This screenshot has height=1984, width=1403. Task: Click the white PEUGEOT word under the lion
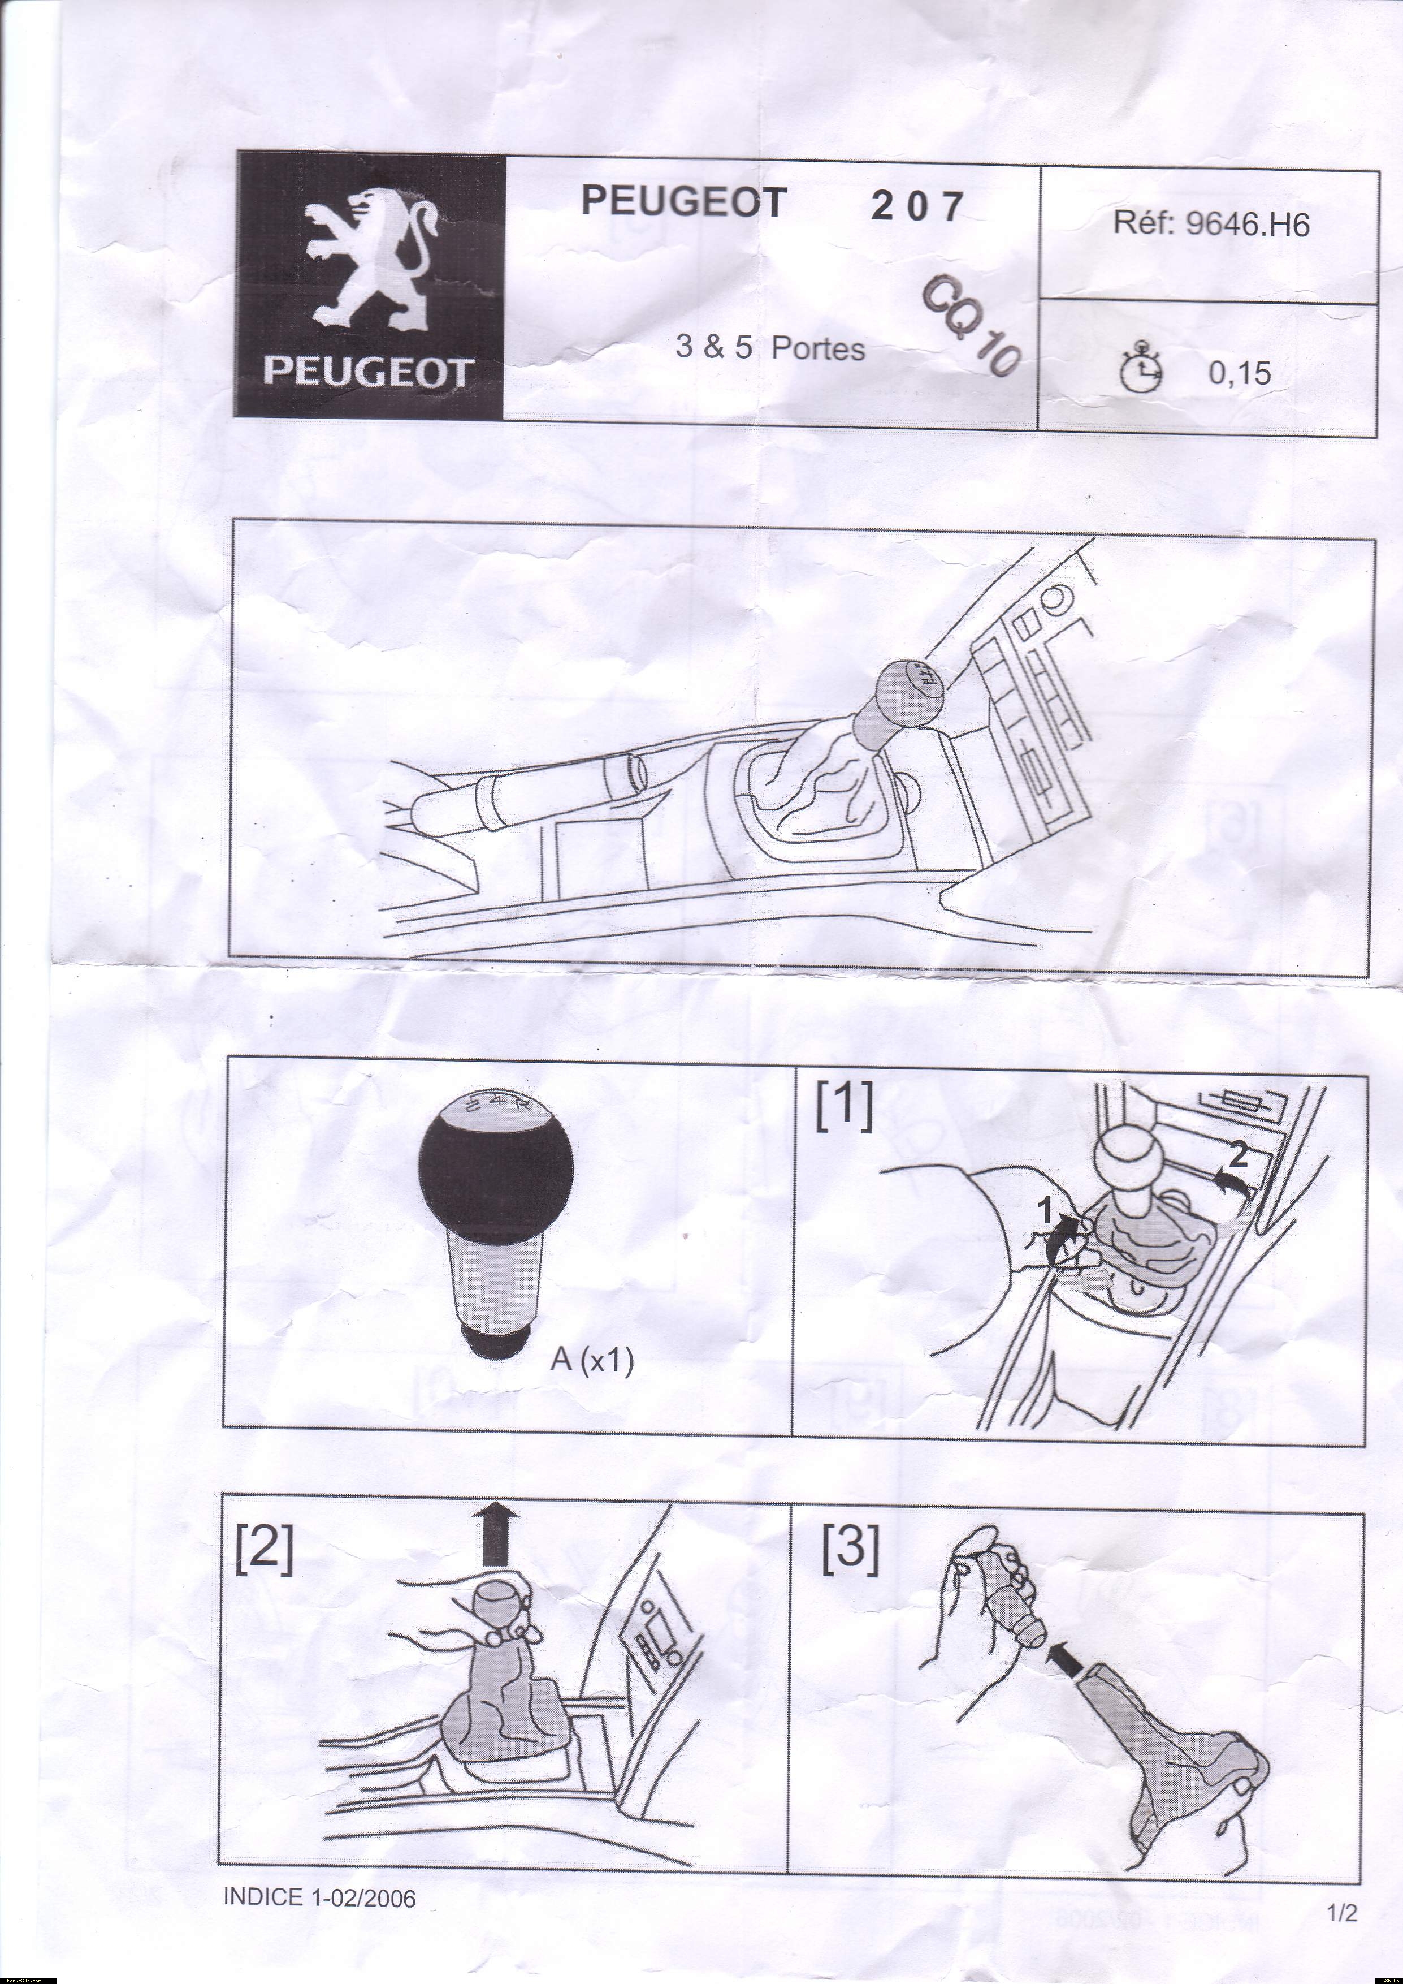click(367, 373)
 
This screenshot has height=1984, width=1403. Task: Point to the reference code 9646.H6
click(1248, 225)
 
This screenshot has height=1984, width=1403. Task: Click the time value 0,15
click(1240, 373)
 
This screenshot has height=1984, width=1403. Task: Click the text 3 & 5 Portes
click(770, 347)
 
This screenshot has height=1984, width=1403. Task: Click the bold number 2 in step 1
click(1238, 1154)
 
